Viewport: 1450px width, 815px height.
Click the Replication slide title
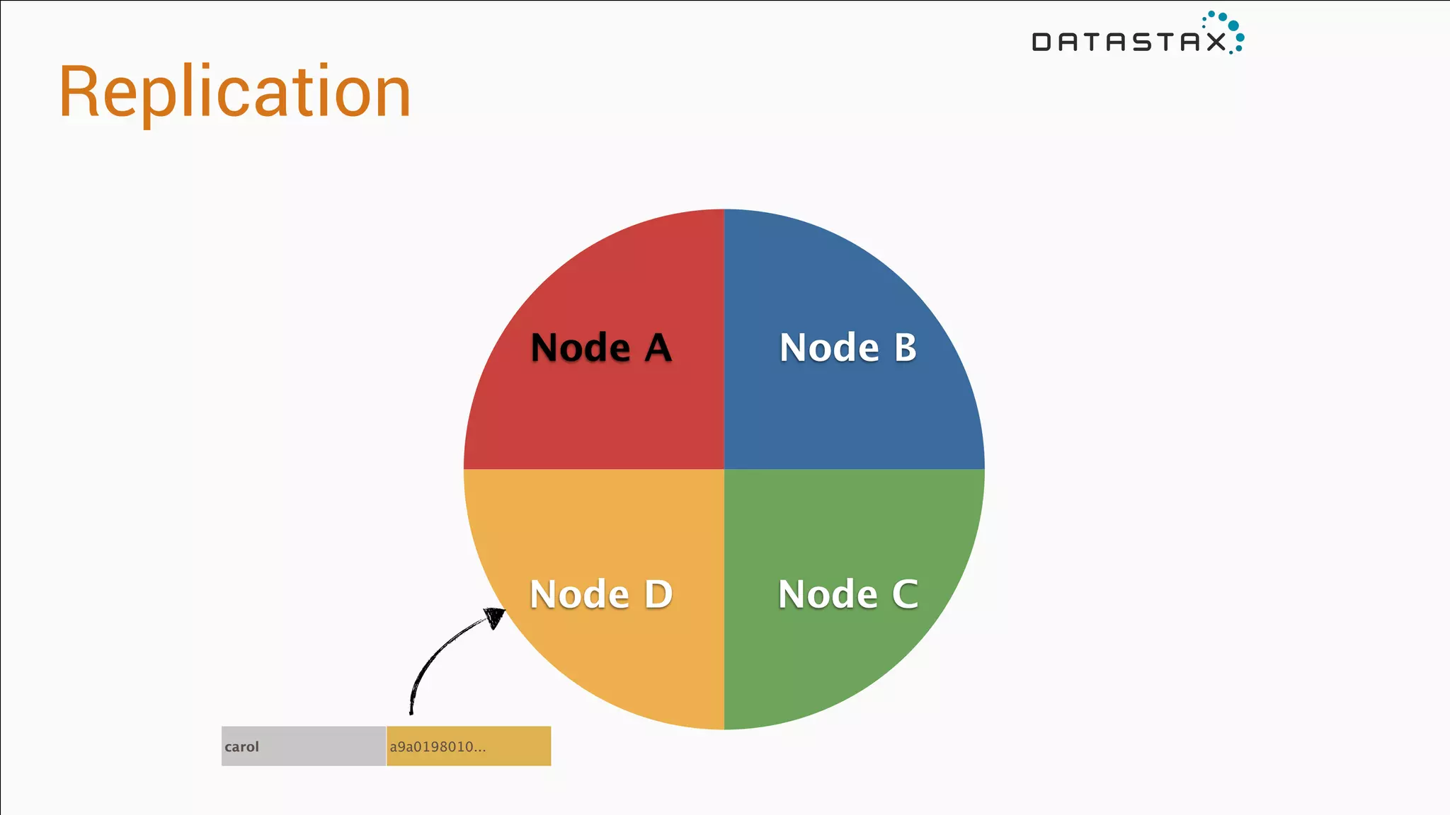234,92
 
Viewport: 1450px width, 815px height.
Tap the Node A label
600,347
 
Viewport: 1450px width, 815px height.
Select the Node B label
847,347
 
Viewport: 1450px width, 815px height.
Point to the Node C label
847,594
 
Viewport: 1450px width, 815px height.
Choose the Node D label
600,594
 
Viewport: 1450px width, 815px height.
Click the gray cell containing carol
303,746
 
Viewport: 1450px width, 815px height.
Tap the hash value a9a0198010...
438,746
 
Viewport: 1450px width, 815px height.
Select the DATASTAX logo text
1129,42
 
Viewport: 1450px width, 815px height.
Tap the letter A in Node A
658,348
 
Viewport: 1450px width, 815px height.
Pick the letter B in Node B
905,347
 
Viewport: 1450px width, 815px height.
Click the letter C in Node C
904,594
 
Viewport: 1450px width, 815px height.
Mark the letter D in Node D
658,594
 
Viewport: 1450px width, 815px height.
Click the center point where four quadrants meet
724,469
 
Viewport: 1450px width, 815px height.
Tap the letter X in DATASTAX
1216,42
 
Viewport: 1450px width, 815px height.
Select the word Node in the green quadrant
827,594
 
